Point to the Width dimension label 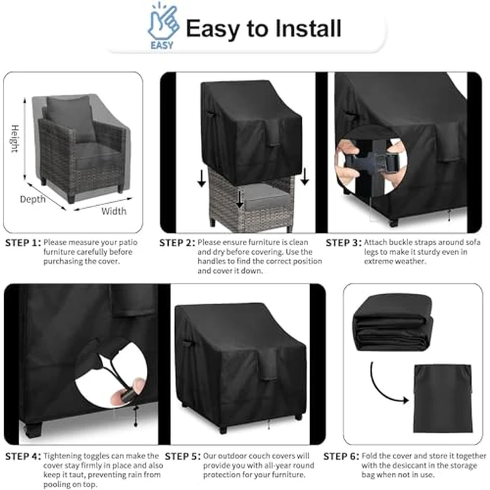(114, 211)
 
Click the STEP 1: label (22, 243)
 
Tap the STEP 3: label (344, 243)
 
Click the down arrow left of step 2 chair (202, 180)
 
